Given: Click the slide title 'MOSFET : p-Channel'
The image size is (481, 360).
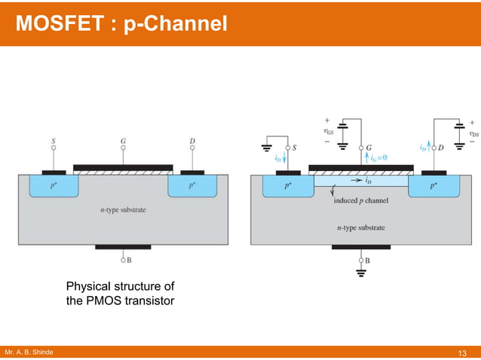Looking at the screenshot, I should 121,24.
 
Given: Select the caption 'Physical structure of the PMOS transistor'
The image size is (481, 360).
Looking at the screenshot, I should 120,294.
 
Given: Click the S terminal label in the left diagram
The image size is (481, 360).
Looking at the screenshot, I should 53,140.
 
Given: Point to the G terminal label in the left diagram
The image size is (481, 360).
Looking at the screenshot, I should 123,140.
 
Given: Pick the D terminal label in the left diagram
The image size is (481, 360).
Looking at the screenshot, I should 192,140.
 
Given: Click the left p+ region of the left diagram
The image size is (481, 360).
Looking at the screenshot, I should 53,185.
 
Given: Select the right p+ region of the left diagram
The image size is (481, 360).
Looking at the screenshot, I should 192,185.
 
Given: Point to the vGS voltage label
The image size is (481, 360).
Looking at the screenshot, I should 329,131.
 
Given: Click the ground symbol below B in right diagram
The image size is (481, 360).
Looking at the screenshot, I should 361,276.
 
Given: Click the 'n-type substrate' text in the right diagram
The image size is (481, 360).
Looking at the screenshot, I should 360,227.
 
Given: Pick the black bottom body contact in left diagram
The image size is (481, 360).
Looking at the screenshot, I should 123,246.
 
